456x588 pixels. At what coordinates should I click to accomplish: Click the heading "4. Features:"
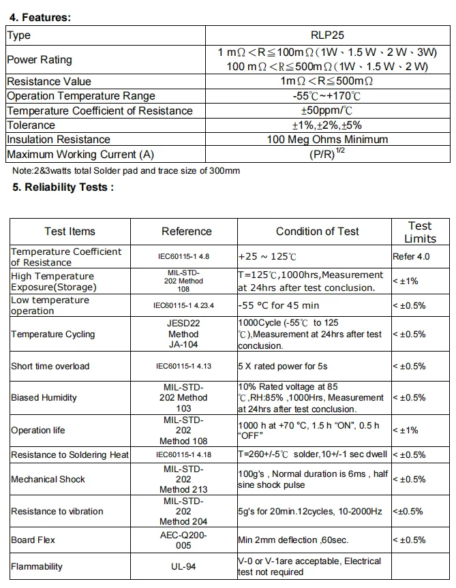[40, 17]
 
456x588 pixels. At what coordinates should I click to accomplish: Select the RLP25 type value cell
[327, 35]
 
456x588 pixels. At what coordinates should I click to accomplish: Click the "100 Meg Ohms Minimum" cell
[327, 139]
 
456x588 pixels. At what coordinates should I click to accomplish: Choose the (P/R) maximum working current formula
[327, 154]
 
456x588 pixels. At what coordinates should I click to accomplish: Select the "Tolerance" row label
[31, 125]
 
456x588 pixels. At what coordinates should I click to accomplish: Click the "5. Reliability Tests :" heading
[63, 187]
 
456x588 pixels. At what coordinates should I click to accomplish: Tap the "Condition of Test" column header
[317, 232]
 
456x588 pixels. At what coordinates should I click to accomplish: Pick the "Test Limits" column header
[420, 232]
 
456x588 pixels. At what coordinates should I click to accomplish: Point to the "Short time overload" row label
[50, 366]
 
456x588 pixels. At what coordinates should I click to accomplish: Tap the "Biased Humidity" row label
[44, 397]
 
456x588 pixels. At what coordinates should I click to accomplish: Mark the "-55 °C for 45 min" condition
[278, 305]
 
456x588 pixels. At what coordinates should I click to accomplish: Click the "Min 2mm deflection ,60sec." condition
[293, 540]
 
